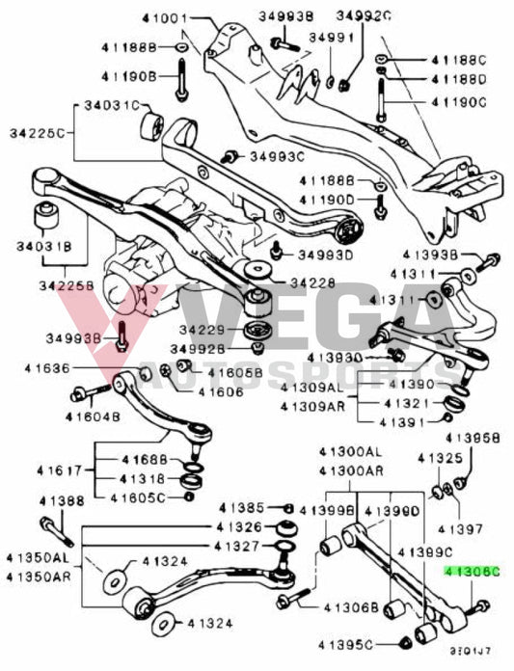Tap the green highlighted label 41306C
tap(473, 571)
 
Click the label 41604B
tap(93, 416)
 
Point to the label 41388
tap(62, 500)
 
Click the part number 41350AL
tap(36, 558)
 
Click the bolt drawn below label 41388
tap(52, 530)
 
